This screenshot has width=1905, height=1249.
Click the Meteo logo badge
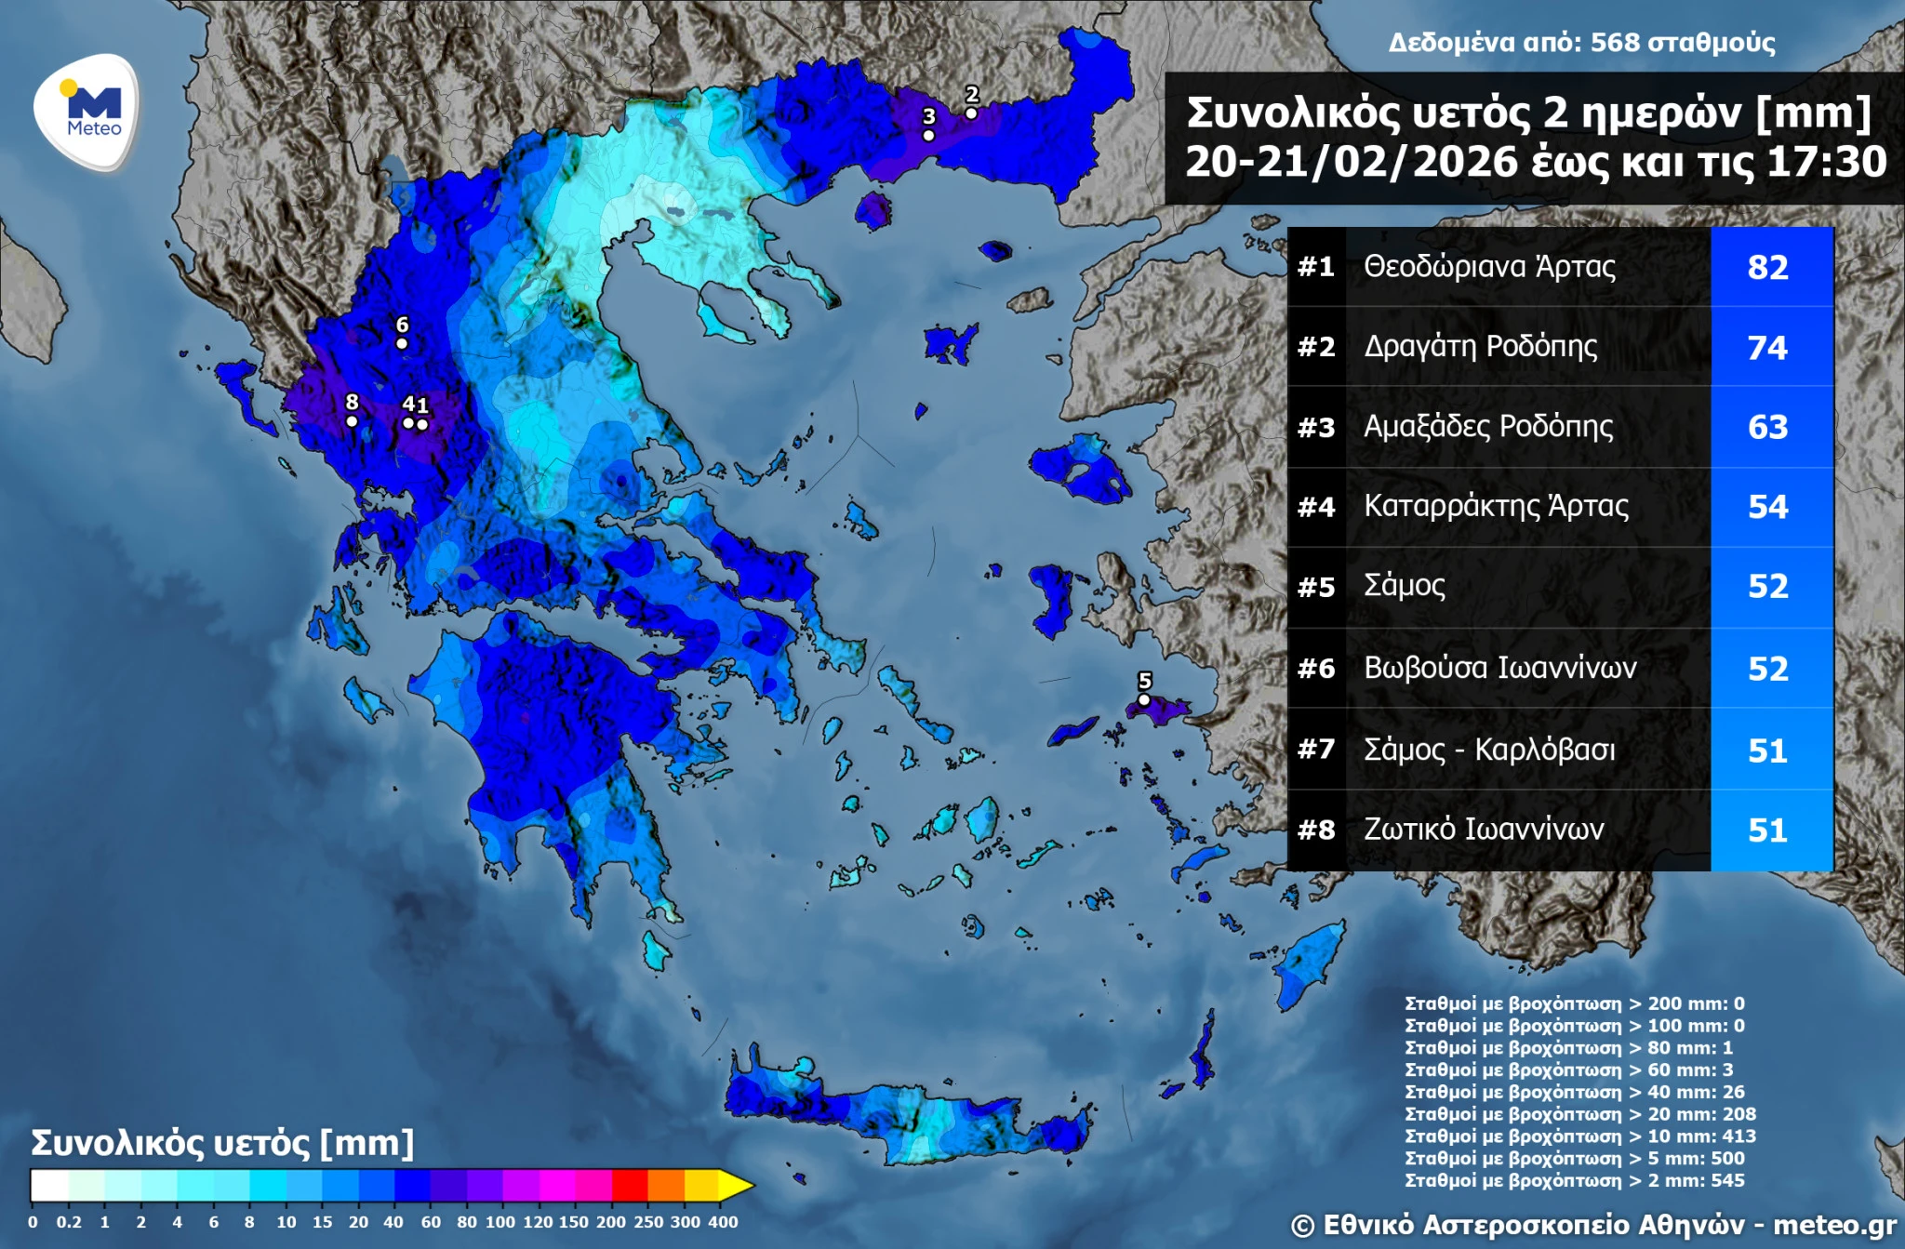pos(87,112)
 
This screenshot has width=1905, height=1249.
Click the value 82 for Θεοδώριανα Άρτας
pos(1767,267)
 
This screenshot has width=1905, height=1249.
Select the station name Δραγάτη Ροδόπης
pos(1480,346)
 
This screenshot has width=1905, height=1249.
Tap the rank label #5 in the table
pos(1316,587)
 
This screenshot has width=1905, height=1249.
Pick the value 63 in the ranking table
pos(1767,427)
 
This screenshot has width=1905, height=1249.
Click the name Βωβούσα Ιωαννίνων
pos(1499,668)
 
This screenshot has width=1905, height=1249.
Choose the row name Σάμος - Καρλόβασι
pos(1488,749)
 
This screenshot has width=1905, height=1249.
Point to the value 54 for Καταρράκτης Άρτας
pos(1767,507)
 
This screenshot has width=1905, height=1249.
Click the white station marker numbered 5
pos(1144,699)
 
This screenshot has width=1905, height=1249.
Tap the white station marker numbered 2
pos(970,113)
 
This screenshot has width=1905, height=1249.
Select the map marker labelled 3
pos(928,136)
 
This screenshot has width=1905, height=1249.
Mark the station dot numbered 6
pos(402,343)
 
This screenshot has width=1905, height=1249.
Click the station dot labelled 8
pos(352,421)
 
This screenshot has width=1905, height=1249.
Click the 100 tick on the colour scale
pos(500,1222)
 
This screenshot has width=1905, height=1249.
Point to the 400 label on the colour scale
pos(723,1222)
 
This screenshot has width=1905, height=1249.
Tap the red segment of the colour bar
pos(629,1186)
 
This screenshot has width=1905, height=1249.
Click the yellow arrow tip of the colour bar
pos(737,1186)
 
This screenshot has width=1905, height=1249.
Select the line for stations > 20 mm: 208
pos(1579,1114)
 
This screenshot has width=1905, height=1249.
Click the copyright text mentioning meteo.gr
pos(1592,1225)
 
